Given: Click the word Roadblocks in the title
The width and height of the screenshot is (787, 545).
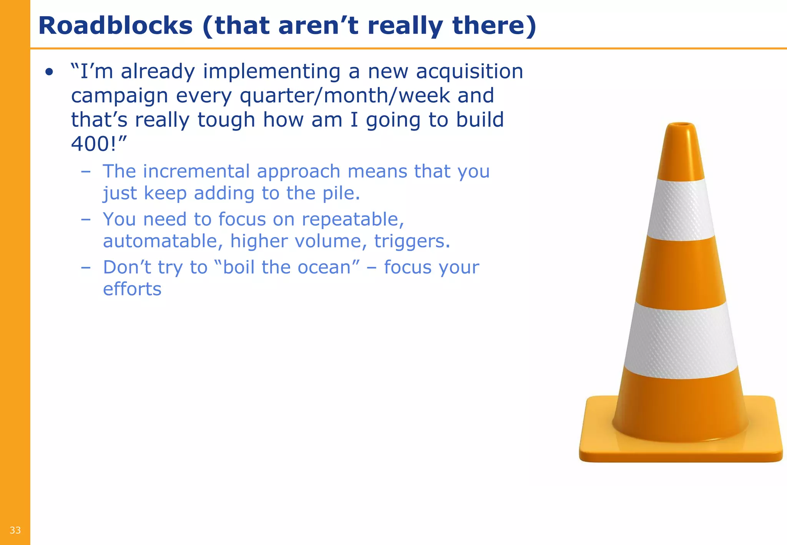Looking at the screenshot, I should tap(115, 26).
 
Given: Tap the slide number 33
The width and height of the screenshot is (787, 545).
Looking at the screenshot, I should tap(15, 530).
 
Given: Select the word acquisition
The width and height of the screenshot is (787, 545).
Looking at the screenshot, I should tap(470, 72).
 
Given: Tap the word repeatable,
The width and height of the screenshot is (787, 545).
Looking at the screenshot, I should tap(353, 219).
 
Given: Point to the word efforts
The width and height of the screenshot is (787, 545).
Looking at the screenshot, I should tap(132, 289).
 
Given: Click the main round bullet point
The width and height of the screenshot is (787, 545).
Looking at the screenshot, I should tap(49, 72).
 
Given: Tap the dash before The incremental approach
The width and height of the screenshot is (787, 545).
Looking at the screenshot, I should tap(86, 171).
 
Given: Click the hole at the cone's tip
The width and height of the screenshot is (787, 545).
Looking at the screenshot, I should tap(681, 125).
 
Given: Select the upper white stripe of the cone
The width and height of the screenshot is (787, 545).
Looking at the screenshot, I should tap(681, 209).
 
